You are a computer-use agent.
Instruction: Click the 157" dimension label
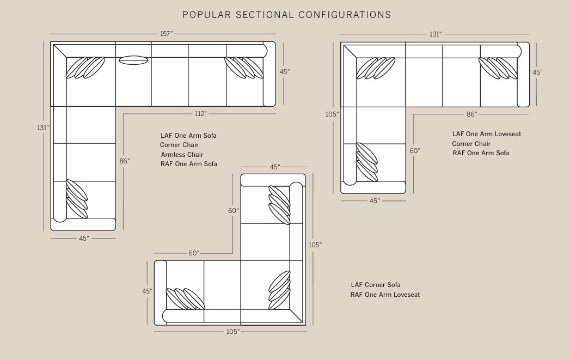coord(166,34)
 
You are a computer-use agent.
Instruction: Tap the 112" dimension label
coord(201,114)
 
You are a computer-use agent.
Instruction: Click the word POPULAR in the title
coord(206,15)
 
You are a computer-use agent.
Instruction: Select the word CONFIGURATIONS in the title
coord(345,15)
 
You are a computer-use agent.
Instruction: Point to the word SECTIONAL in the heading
coord(265,15)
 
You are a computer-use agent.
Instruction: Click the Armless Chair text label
coord(182,155)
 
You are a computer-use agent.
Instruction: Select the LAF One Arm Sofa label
coord(189,136)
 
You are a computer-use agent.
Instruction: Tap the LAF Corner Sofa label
coord(376,285)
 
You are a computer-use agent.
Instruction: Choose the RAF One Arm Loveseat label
coord(385,295)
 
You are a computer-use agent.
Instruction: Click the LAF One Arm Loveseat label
coord(486,134)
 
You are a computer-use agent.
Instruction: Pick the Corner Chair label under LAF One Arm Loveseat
coord(471,144)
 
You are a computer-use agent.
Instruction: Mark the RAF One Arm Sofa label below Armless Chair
coord(189,164)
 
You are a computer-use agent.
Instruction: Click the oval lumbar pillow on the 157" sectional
coord(133,60)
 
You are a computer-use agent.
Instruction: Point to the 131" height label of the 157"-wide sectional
coord(43,128)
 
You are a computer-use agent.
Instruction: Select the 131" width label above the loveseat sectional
coord(436,34)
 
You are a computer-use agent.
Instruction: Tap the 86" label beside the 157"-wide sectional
coord(125,161)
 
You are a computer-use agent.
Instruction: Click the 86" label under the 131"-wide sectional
coord(472,114)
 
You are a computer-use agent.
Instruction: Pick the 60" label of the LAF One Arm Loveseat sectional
coord(415,150)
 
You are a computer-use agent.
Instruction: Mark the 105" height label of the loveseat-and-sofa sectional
coord(332,114)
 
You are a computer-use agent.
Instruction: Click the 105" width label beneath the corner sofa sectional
coord(233,332)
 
